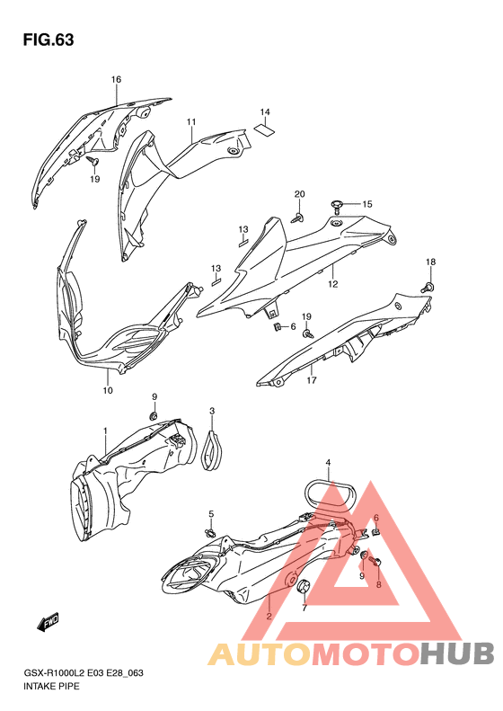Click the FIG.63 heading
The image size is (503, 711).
(x=49, y=40)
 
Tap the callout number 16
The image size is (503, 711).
(x=117, y=79)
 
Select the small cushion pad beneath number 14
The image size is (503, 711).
(x=265, y=129)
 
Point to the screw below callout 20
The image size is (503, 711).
(x=297, y=218)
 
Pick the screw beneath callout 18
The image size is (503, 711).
(x=428, y=287)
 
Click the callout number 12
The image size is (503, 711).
(x=333, y=284)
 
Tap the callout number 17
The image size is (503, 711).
(x=312, y=380)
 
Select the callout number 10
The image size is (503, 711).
(x=108, y=390)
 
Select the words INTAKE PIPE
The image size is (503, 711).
(x=51, y=686)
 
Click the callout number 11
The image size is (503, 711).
(x=191, y=121)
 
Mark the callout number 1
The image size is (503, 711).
(x=106, y=430)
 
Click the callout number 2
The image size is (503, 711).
(x=269, y=616)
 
